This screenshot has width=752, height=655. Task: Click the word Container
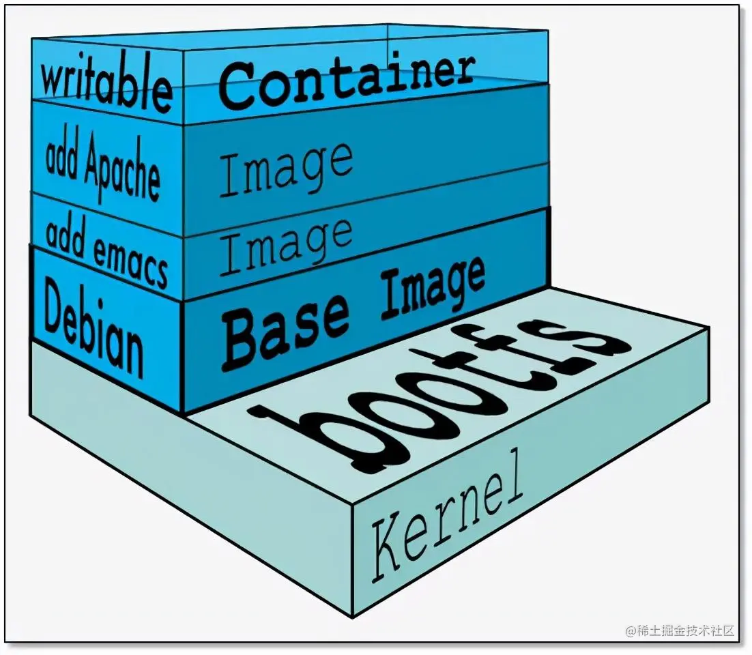tap(347, 82)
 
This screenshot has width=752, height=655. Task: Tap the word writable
tap(106, 85)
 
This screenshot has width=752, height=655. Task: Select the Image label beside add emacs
tap(286, 245)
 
